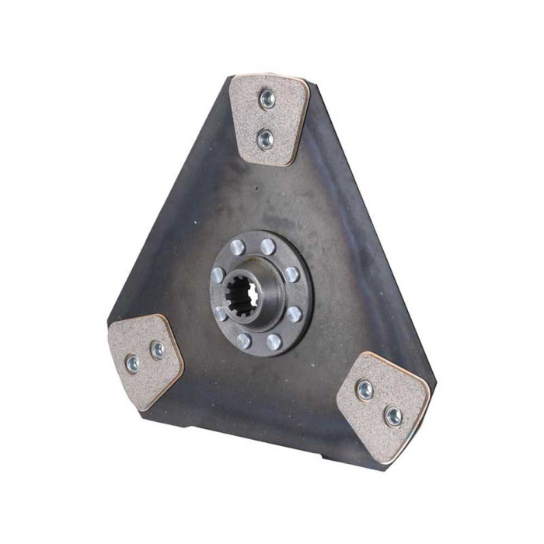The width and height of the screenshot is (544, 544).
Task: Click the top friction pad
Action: tap(268, 118)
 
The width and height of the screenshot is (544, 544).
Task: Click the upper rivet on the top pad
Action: tap(267, 97)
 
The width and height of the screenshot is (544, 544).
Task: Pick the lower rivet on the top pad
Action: tap(266, 139)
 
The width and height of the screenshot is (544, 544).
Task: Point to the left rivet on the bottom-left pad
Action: tap(132, 363)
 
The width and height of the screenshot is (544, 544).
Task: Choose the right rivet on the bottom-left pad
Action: tap(158, 350)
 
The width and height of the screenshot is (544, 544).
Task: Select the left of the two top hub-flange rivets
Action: tap(238, 248)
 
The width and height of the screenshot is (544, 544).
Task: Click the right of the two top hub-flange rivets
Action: tap(268, 247)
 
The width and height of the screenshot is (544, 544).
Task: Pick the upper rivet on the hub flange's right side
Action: tap(291, 274)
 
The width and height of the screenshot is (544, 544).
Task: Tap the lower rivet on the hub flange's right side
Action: tap(295, 314)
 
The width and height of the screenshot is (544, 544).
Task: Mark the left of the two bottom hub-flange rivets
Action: tap(243, 340)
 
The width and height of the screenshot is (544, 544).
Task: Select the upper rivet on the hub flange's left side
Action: tap(218, 274)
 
